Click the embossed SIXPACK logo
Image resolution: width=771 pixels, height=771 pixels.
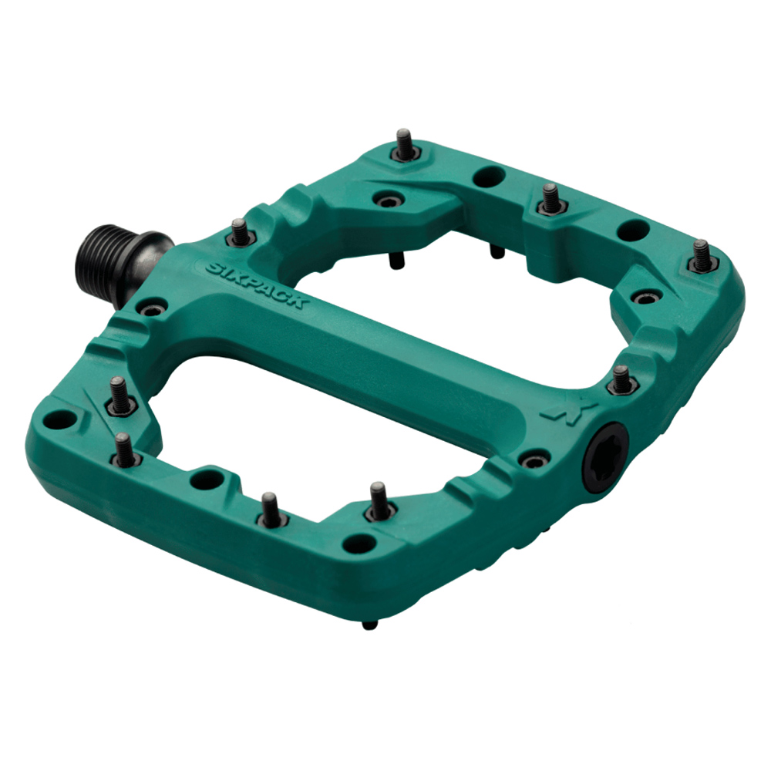tap(257, 284)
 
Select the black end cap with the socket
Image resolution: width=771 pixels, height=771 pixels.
tap(605, 456)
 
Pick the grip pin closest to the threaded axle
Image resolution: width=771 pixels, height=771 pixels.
tap(241, 233)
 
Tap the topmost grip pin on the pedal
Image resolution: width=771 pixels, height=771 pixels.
tap(404, 146)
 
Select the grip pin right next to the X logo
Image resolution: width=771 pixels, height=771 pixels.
tap(622, 379)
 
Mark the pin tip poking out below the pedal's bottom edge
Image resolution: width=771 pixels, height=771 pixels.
tap(370, 625)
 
